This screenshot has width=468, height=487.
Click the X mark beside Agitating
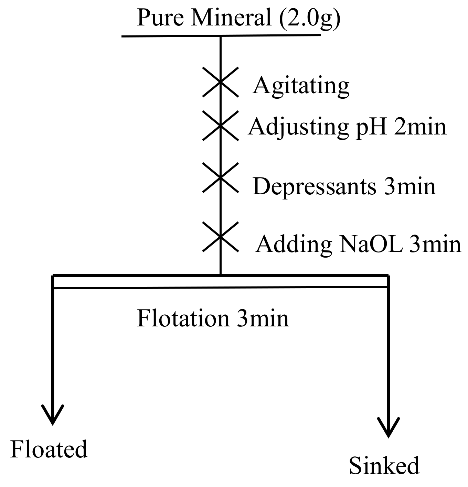(x=220, y=82)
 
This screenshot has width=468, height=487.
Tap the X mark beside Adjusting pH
(x=220, y=126)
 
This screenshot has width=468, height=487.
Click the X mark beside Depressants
(x=220, y=177)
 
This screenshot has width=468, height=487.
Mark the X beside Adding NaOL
(x=220, y=236)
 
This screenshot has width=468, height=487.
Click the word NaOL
(x=371, y=244)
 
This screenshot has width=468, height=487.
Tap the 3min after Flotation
(x=263, y=318)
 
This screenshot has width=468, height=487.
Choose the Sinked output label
(x=384, y=466)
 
